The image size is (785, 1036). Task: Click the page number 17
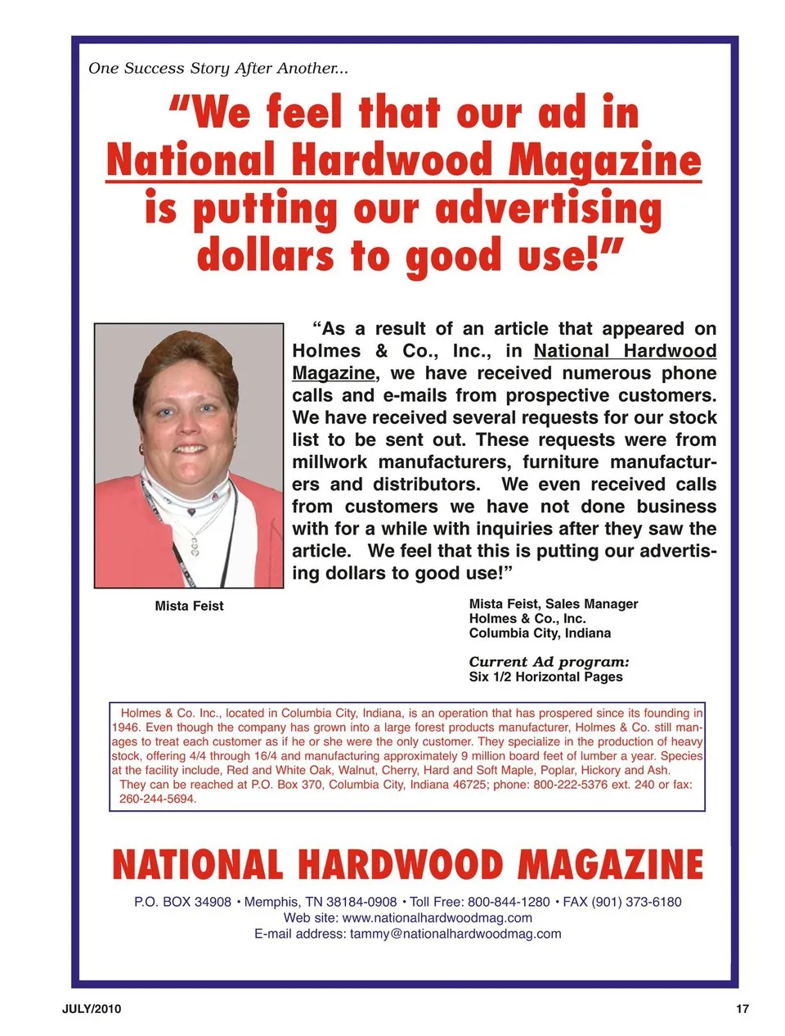(x=742, y=1009)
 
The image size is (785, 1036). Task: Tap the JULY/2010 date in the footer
(x=92, y=1009)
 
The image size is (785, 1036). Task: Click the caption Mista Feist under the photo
(x=189, y=606)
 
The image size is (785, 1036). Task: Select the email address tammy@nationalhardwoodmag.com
(x=455, y=934)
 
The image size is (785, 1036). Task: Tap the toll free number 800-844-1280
(x=509, y=902)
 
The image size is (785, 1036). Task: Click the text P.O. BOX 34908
(x=182, y=902)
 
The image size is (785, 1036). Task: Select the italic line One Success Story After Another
(x=218, y=69)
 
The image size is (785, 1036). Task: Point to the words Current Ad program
(x=549, y=662)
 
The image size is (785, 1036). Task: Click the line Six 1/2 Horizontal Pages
(x=545, y=677)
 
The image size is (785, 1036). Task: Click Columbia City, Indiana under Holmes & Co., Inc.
(x=540, y=633)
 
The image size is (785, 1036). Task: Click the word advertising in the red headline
(x=549, y=209)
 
